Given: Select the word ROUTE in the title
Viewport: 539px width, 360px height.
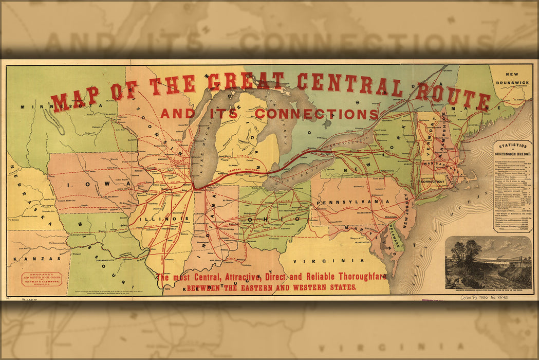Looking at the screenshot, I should (452, 95).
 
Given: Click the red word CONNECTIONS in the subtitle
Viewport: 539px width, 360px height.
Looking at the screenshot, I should (317, 113).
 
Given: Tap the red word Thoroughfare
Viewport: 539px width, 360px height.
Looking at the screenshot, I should (355, 277).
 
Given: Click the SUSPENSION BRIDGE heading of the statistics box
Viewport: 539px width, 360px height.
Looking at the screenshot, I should (512, 153).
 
